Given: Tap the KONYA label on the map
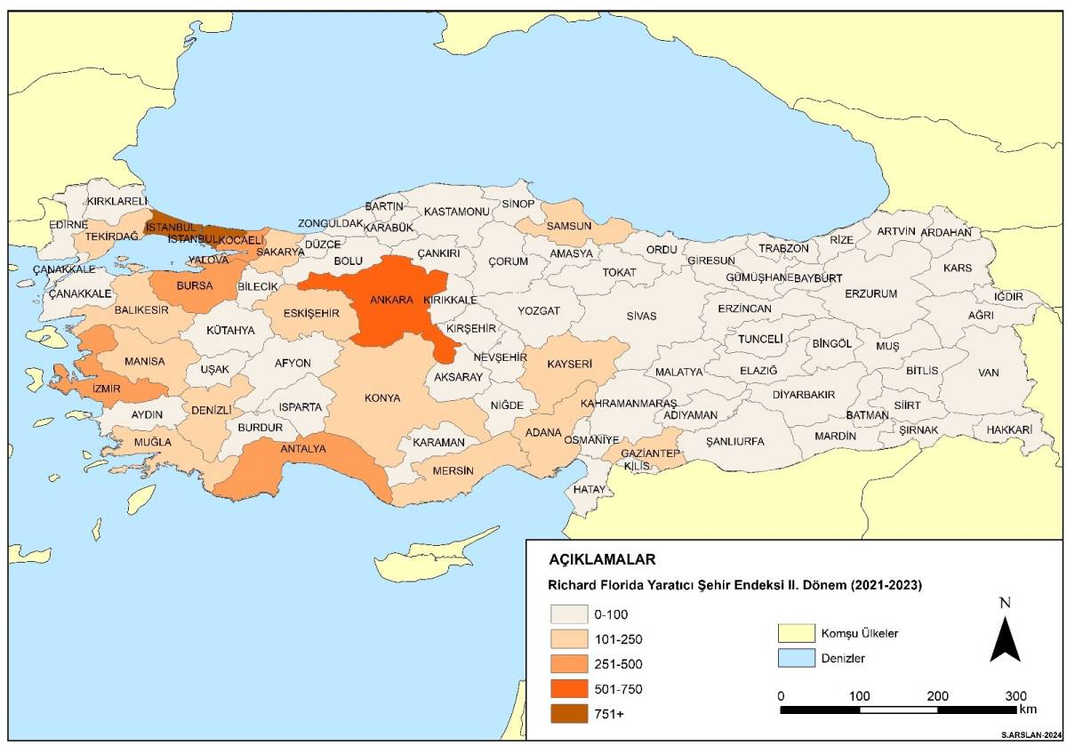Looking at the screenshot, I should [382, 397].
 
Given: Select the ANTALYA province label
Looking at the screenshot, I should [303, 449].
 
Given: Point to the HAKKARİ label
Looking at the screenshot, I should [1008, 429].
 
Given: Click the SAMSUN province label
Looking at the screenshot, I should [569, 226].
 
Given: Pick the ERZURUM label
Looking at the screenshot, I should [870, 293].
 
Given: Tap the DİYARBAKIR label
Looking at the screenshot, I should [803, 394].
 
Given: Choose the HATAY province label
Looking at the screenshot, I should [589, 489].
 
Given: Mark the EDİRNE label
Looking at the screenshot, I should [68, 225].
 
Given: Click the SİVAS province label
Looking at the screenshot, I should [640, 316].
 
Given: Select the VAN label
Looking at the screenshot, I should [989, 373].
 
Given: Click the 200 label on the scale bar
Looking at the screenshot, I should [937, 695].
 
